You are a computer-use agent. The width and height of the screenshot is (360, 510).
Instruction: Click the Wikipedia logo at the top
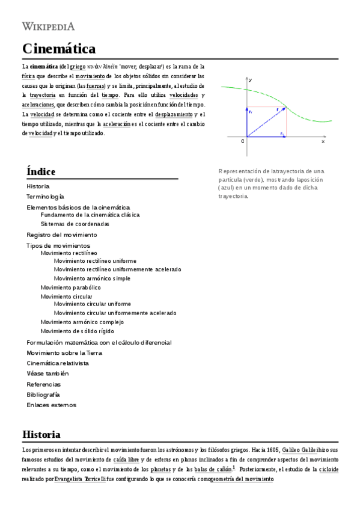point(48,25)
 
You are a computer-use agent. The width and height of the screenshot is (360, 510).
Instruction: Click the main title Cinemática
point(58,49)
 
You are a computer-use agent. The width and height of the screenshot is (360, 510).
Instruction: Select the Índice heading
point(41,171)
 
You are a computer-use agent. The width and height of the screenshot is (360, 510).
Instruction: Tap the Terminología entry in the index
point(45,197)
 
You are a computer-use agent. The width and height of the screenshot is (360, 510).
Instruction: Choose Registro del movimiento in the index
point(61,235)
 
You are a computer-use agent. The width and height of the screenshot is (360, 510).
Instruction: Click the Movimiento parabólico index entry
point(70,287)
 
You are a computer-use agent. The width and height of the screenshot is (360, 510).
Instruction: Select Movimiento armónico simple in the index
point(92,278)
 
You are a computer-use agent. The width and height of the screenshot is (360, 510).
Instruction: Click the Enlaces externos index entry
point(51,405)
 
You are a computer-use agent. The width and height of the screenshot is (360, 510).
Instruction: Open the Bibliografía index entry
point(43,395)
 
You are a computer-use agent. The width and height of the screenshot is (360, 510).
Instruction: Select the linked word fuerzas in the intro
point(96,86)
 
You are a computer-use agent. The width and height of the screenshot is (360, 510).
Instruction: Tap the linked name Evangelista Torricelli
point(80,479)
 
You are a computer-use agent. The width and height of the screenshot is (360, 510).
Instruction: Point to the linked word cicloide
point(328,469)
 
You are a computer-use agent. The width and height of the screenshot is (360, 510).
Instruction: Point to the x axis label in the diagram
point(323,142)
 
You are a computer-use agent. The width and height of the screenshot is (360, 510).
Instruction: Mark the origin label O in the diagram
point(242,141)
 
